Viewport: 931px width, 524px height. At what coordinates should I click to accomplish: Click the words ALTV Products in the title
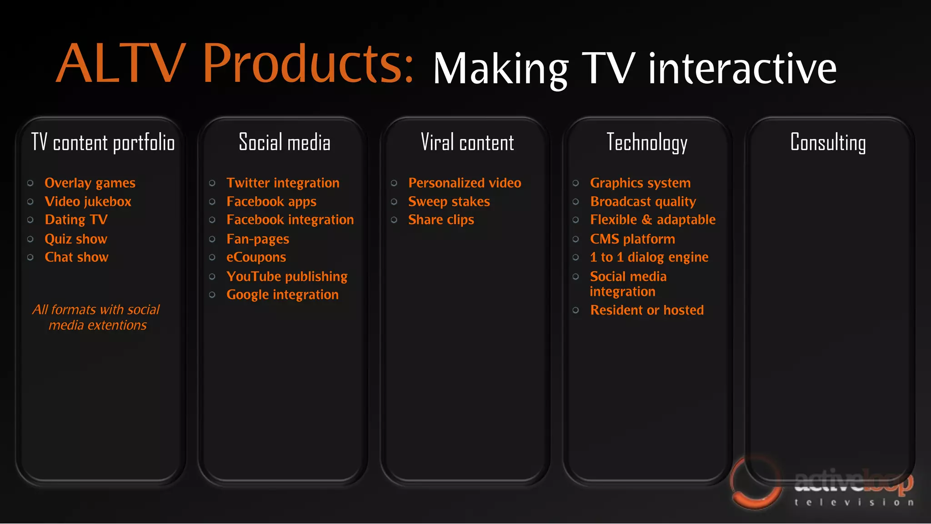(x=234, y=64)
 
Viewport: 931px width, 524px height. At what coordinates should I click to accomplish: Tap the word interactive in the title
(x=742, y=69)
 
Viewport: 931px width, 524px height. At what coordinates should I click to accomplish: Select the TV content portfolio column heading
(x=103, y=143)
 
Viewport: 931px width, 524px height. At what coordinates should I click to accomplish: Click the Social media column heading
(x=285, y=143)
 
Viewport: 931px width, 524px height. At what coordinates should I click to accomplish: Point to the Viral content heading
(x=467, y=143)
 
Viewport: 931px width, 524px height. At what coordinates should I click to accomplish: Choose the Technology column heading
(x=646, y=143)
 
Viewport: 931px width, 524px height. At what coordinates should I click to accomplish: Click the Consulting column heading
(x=828, y=143)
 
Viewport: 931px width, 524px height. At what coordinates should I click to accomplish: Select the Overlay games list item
(x=90, y=183)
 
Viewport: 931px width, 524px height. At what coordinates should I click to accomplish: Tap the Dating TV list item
(x=76, y=220)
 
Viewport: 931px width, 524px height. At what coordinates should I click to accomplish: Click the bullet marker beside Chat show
(x=30, y=257)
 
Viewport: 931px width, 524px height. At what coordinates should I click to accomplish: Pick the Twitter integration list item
(x=283, y=183)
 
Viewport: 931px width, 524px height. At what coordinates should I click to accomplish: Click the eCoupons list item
(x=256, y=258)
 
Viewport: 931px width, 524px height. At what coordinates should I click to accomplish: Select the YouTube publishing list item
(x=287, y=277)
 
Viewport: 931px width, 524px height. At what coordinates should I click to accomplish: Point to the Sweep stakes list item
(x=449, y=202)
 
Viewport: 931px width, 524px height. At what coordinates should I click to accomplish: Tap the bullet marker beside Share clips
(x=394, y=220)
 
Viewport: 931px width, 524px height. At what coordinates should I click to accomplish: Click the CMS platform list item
(x=632, y=239)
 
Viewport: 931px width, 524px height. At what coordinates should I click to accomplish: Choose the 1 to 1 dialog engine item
(x=649, y=258)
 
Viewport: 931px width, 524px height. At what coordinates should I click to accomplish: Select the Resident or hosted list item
(x=646, y=310)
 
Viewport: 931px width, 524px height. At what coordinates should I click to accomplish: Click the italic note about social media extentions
(x=96, y=318)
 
